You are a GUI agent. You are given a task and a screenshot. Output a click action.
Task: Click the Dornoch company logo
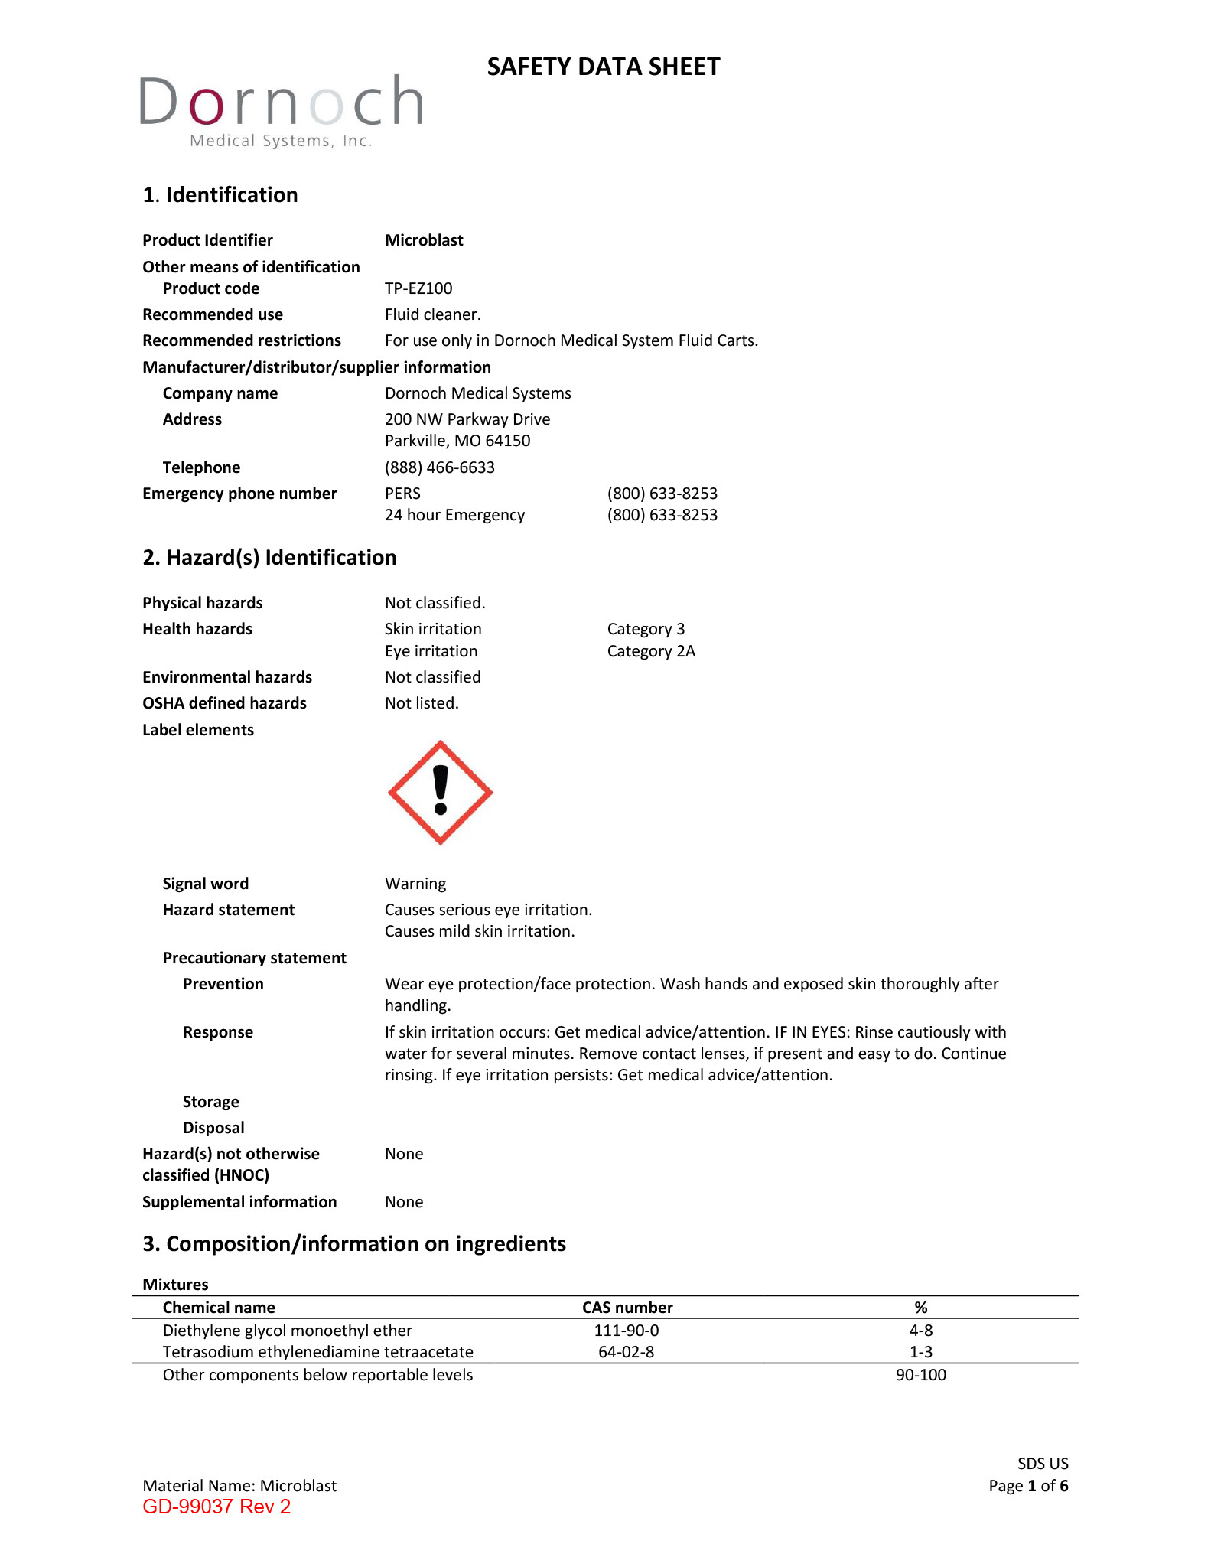tap(281, 110)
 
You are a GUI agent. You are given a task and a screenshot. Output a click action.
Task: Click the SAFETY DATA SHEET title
tap(604, 67)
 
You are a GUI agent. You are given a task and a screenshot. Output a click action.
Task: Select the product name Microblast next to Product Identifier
tap(424, 240)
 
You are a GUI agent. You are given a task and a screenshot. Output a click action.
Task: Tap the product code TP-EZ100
tap(418, 288)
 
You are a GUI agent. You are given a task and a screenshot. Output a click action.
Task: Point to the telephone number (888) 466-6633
tap(440, 467)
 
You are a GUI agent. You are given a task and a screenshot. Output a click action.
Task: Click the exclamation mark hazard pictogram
tap(441, 793)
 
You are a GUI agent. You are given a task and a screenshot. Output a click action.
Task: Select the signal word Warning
tap(415, 884)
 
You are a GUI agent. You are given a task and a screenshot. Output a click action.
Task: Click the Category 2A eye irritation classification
tap(651, 651)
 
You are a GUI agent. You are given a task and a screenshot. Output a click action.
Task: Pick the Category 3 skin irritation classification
tap(646, 629)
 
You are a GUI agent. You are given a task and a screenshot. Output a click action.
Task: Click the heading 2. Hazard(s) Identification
tap(269, 558)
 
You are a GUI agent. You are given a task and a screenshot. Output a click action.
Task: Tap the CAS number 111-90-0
tap(627, 1331)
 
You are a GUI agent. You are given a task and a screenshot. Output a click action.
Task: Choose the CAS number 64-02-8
tap(627, 1352)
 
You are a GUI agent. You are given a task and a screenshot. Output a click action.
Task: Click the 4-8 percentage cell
tap(921, 1331)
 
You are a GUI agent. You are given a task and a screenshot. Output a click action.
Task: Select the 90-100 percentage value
tap(921, 1375)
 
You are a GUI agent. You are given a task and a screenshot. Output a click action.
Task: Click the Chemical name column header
tap(219, 1308)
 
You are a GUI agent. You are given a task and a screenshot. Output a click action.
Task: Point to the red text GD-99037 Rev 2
tap(216, 1507)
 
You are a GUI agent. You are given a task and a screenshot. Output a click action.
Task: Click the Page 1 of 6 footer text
tap(1028, 1486)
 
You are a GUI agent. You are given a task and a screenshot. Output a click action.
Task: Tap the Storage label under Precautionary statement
tap(211, 1102)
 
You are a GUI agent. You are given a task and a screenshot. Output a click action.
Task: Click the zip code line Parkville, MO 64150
tap(457, 441)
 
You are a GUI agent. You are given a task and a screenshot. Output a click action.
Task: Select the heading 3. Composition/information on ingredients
tap(354, 1244)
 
